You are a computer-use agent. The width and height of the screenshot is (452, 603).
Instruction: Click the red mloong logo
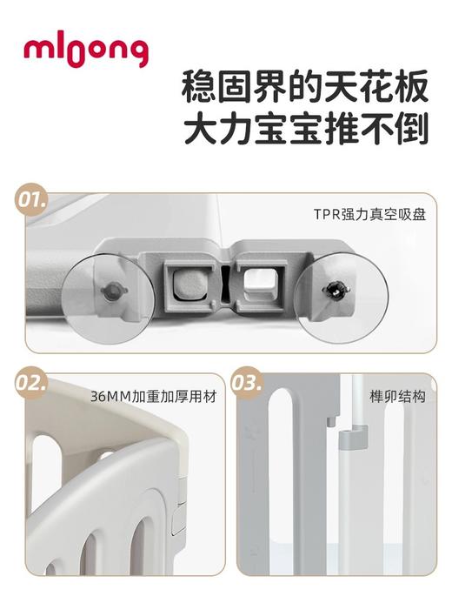pos(85,50)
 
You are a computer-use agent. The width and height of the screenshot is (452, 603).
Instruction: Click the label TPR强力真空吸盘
pos(369,213)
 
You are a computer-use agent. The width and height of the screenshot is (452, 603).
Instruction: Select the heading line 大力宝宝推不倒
pos(305,131)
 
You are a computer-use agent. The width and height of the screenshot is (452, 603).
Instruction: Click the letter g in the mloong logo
pos(136,54)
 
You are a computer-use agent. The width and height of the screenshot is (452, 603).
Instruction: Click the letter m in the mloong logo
pos(36,50)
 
